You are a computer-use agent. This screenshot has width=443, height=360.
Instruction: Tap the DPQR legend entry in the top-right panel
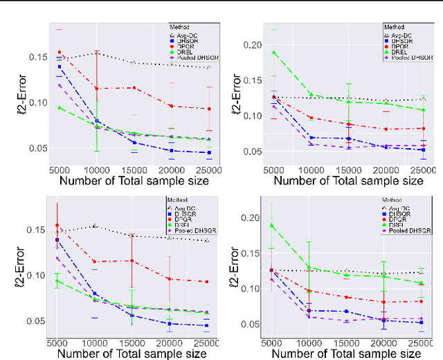(404, 44)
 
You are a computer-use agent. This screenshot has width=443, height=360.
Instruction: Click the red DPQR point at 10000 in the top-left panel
(96, 89)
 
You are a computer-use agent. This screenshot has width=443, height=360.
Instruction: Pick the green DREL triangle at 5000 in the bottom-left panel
(59, 281)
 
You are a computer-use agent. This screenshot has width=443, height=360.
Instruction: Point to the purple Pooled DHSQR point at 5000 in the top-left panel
(59, 85)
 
